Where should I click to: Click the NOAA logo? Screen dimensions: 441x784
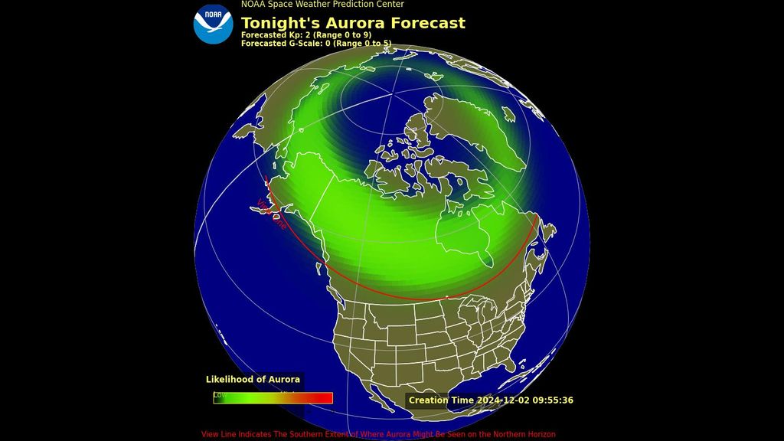[213, 24]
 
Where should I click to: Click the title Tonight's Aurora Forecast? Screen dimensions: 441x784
[353, 23]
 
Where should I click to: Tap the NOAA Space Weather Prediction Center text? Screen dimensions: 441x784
[322, 5]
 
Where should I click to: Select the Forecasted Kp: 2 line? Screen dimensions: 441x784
[305, 35]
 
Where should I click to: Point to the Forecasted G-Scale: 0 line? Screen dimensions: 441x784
[315, 44]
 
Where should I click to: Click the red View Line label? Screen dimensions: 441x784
[272, 214]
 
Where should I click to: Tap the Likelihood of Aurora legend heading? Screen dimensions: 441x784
[253, 379]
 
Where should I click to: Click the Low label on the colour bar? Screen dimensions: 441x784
[219, 395]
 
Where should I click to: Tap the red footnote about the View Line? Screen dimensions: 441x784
[378, 434]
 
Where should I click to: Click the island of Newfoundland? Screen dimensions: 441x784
[546, 229]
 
